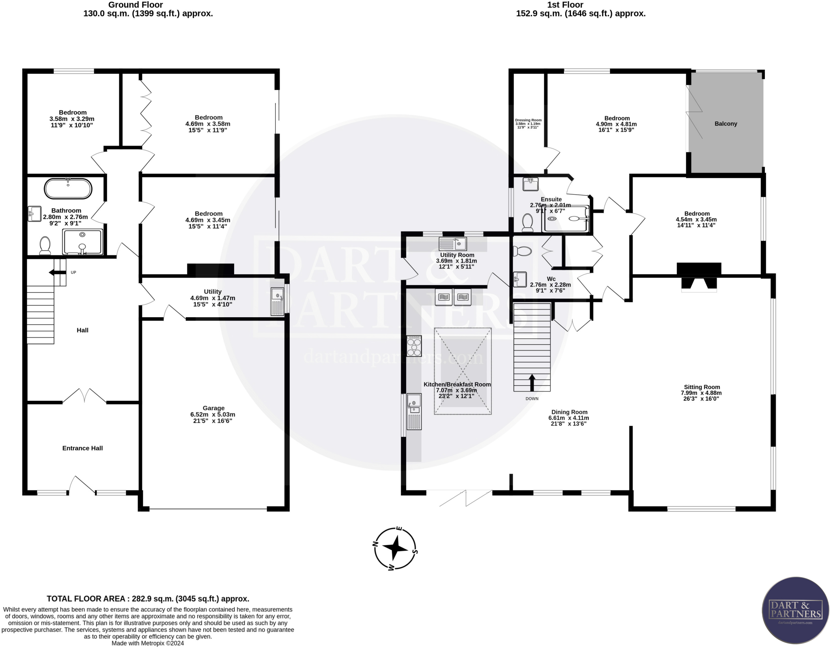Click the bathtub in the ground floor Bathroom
point(68,189)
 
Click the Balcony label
point(726,124)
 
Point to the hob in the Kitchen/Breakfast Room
point(414,346)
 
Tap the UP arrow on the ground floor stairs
point(57,273)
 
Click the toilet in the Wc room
point(522,251)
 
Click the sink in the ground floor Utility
point(278,301)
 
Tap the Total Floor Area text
point(148,599)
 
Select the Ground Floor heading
point(136,5)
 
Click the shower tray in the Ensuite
point(566,219)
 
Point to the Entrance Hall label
point(82,448)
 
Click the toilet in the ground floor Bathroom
point(45,246)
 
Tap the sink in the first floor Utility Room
point(453,244)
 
